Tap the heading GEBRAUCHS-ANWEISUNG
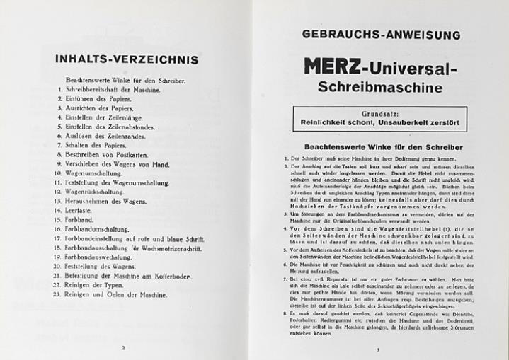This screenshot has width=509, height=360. (381, 34)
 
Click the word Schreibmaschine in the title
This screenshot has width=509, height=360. (381, 90)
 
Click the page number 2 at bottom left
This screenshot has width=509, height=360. (123, 348)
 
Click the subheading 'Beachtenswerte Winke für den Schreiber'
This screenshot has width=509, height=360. (380, 146)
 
